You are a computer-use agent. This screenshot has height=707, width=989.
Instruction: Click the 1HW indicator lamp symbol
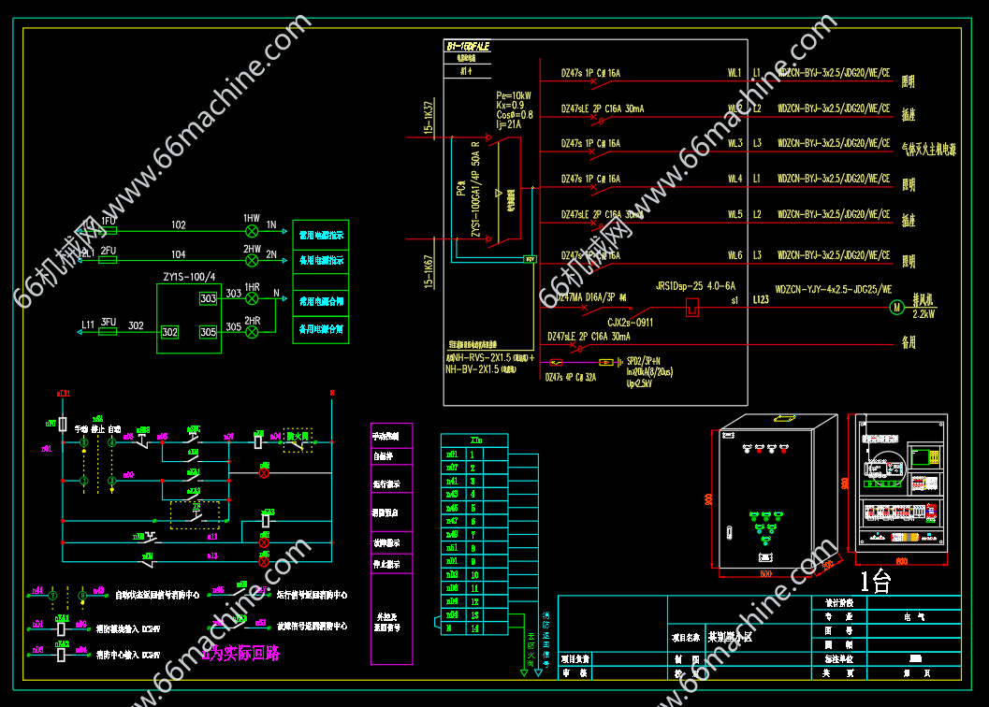tap(251, 230)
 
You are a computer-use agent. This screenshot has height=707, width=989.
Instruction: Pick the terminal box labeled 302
tap(169, 332)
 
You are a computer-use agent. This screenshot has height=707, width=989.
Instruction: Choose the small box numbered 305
tap(208, 332)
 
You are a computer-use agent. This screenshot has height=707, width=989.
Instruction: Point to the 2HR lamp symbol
tap(251, 332)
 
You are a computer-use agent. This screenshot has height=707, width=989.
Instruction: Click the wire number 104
tap(178, 254)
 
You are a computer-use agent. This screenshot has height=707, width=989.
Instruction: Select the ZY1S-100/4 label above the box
tap(189, 277)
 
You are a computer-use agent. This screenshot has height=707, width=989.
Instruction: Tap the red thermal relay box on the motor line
tap(691, 306)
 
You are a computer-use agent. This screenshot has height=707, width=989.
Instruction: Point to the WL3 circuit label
tap(734, 143)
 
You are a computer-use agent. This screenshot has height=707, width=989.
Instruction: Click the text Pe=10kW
tap(514, 95)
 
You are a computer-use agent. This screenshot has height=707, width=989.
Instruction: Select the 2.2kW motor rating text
tap(924, 315)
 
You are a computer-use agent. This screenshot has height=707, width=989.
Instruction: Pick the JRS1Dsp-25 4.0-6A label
tap(696, 286)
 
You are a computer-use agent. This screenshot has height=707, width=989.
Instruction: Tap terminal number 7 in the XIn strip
tap(473, 535)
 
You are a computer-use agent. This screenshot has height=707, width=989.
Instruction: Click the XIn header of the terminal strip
tap(474, 440)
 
